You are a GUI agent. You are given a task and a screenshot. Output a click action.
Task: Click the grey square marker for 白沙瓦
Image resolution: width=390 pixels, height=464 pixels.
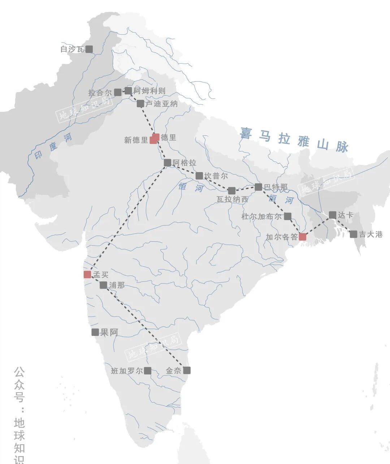pyautogui.click(x=89, y=49)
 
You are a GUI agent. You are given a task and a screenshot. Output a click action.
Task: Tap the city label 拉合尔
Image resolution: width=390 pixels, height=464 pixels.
pyautogui.click(x=100, y=93)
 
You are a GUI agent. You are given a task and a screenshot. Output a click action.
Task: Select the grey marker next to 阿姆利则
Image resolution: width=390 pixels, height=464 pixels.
pyautogui.click(x=128, y=91)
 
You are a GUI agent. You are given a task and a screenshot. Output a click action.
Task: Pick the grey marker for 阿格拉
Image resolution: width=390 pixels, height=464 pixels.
pyautogui.click(x=168, y=163)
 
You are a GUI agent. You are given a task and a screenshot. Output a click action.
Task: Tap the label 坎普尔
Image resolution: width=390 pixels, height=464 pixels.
pyautogui.click(x=216, y=176)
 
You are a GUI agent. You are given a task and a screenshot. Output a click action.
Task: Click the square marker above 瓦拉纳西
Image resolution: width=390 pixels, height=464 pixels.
pyautogui.click(x=232, y=191)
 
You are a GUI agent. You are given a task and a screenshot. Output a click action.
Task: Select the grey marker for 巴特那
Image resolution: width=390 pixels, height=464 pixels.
pyautogui.click(x=258, y=187)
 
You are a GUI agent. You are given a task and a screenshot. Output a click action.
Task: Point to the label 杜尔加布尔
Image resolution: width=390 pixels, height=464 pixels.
pyautogui.click(x=261, y=216)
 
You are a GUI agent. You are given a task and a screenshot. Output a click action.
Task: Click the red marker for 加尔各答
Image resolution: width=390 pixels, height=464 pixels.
pyautogui.click(x=303, y=237)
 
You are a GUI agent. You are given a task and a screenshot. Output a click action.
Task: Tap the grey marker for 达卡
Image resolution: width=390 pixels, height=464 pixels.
pyautogui.click(x=333, y=215)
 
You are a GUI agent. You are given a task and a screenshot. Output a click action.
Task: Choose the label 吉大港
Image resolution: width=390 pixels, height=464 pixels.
pyautogui.click(x=370, y=235)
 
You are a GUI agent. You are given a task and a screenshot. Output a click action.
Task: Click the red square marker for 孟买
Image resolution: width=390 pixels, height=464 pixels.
pyautogui.click(x=87, y=275)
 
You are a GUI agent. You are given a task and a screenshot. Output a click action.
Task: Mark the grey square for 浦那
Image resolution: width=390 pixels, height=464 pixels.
pyautogui.click(x=103, y=285)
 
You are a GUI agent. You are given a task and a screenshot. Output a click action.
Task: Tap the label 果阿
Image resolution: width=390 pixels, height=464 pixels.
pyautogui.click(x=109, y=332)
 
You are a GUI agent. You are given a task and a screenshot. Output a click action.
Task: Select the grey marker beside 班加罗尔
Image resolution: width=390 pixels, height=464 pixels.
pyautogui.click(x=147, y=371)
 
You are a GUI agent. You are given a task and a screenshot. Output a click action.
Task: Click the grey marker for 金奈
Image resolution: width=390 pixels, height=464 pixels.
pyautogui.click(x=187, y=370)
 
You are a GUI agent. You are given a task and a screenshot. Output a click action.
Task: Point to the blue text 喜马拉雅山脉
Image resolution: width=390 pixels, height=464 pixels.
pyautogui.click(x=294, y=139)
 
